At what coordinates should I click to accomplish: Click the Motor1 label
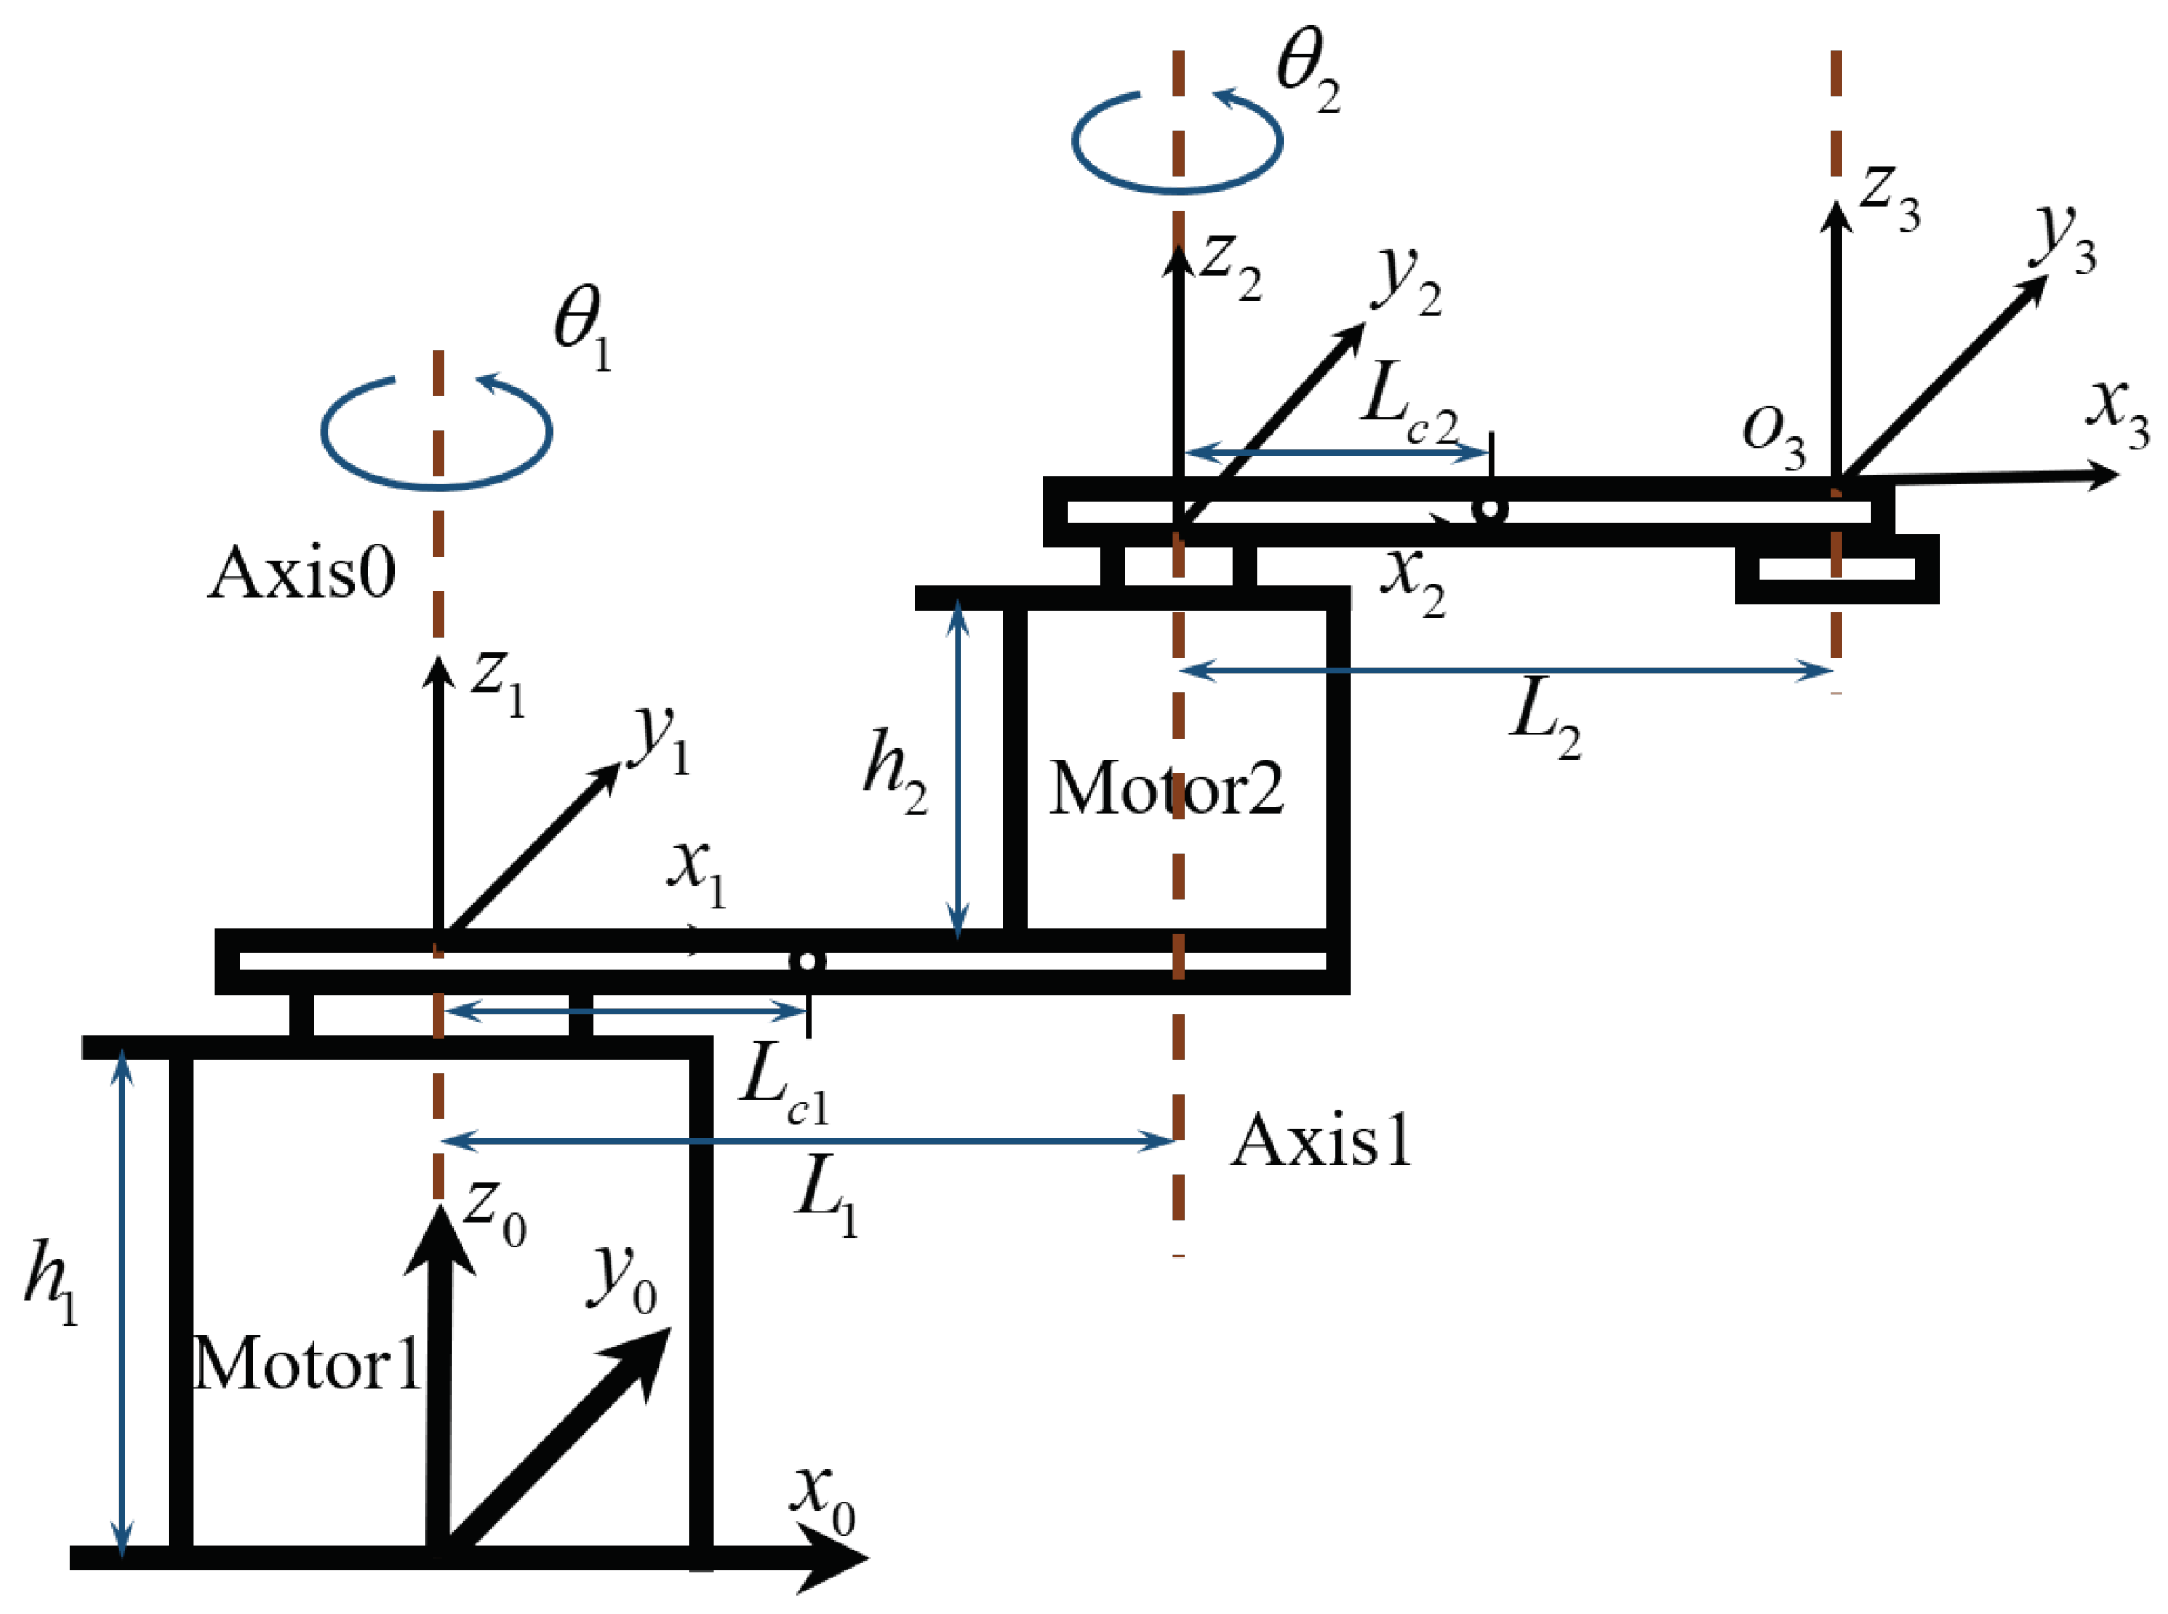(x=306, y=1364)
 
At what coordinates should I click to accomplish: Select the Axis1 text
(x=1321, y=1140)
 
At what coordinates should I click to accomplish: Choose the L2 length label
(x=1544, y=718)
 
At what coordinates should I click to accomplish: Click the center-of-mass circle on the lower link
(x=807, y=962)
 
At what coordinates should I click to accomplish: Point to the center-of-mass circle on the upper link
(x=1489, y=508)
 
